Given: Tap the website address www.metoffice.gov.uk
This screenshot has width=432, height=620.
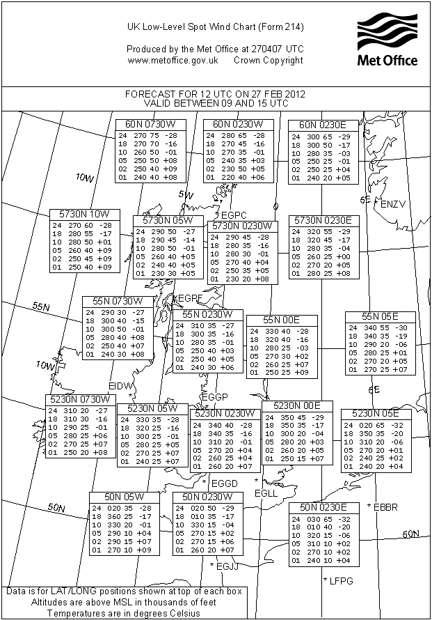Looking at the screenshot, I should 173,61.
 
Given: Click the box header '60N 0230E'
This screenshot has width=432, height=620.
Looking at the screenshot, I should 323,125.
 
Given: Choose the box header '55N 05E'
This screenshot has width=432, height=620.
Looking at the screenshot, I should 381,317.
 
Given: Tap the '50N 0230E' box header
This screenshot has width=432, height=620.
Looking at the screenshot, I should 323,506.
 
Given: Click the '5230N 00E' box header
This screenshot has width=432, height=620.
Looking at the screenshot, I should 297,406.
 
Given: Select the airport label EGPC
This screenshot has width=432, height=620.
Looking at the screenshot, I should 229,214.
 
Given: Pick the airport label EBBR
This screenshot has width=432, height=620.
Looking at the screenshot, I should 385,507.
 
